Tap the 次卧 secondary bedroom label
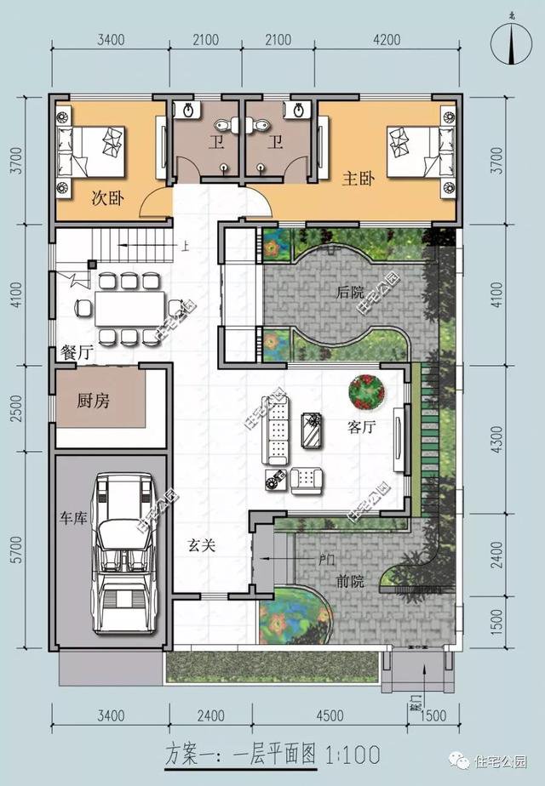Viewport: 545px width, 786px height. [x=107, y=199]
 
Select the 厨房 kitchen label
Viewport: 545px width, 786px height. [x=93, y=400]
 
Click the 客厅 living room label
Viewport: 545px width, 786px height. [x=361, y=428]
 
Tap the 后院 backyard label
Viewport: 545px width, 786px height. [x=350, y=292]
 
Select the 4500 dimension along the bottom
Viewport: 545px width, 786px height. [x=329, y=714]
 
